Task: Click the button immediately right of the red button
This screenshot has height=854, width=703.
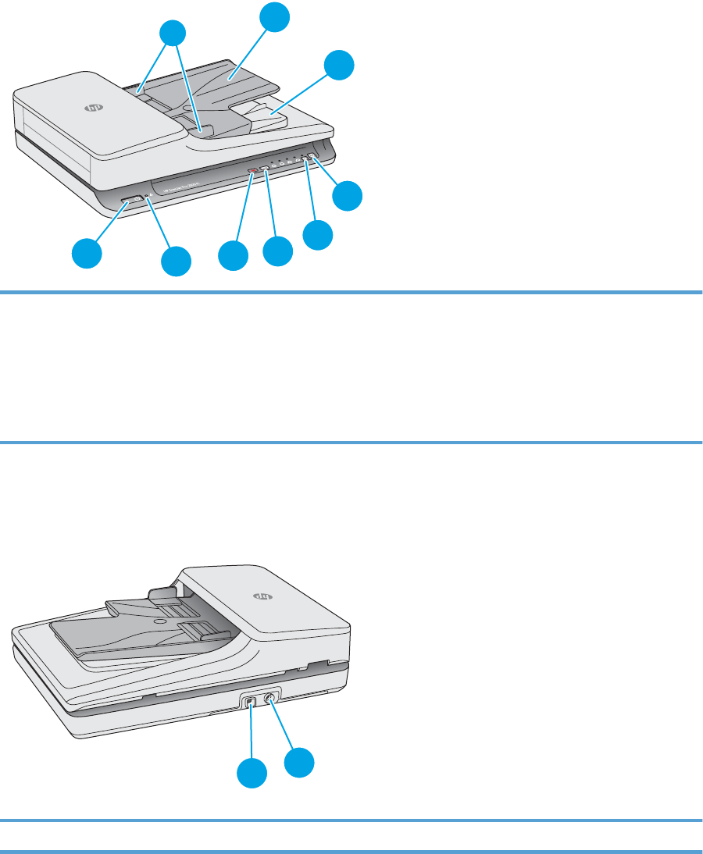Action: pos(266,168)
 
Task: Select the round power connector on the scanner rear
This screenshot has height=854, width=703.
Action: pos(269,699)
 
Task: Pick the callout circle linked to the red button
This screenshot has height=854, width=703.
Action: pos(232,255)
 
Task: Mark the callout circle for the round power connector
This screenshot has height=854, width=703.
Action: pos(300,763)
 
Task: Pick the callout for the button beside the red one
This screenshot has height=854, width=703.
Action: pos(277,251)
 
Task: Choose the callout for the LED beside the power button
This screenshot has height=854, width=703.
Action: pos(176,261)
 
